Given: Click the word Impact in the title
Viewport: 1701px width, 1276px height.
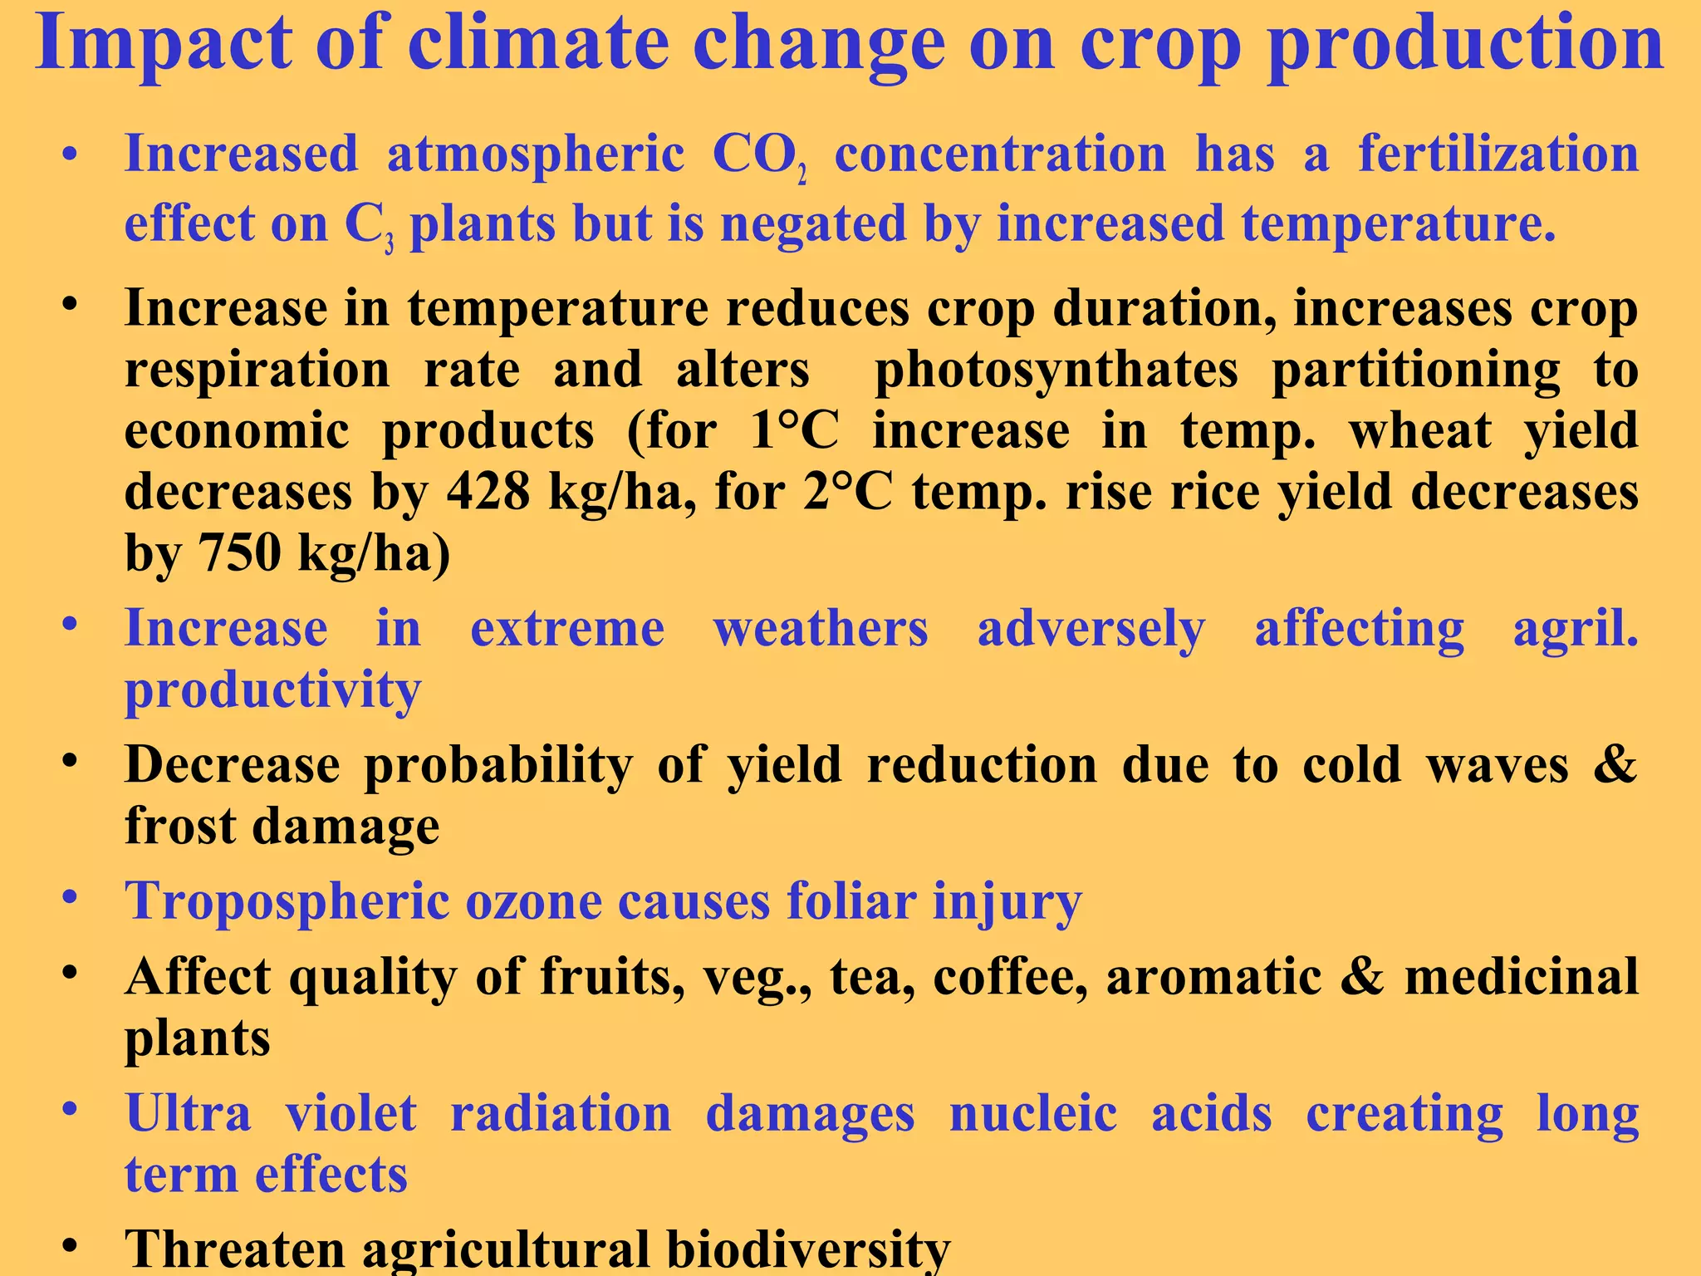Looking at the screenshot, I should click(x=163, y=43).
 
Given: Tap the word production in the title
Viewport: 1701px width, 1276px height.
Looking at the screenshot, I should click(x=1466, y=43).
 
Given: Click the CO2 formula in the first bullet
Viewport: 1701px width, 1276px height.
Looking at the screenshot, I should click(x=759, y=155).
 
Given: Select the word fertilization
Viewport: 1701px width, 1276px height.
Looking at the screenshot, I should click(x=1498, y=155).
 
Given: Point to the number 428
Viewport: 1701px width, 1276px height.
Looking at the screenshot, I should click(x=488, y=492).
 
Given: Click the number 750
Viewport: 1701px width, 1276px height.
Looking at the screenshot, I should click(x=239, y=552).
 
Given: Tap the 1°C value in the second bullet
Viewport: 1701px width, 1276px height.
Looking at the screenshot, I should click(x=793, y=431).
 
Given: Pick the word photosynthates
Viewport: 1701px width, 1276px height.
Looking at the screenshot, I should click(x=1056, y=370).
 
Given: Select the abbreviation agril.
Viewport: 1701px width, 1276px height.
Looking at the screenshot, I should click(x=1574, y=629).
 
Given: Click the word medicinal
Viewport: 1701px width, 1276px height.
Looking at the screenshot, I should click(x=1521, y=977).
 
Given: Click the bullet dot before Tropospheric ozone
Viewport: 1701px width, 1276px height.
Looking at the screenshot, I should click(x=70, y=898).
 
